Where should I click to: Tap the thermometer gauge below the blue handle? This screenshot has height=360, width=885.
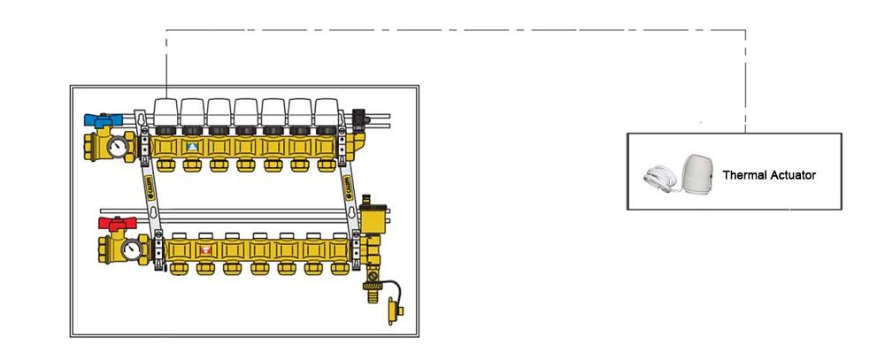click(118, 147)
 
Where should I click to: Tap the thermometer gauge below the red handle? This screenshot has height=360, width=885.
click(132, 249)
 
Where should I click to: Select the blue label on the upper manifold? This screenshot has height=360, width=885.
click(192, 147)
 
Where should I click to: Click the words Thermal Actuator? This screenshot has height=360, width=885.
click(769, 175)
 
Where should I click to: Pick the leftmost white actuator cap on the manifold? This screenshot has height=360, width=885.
click(166, 111)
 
